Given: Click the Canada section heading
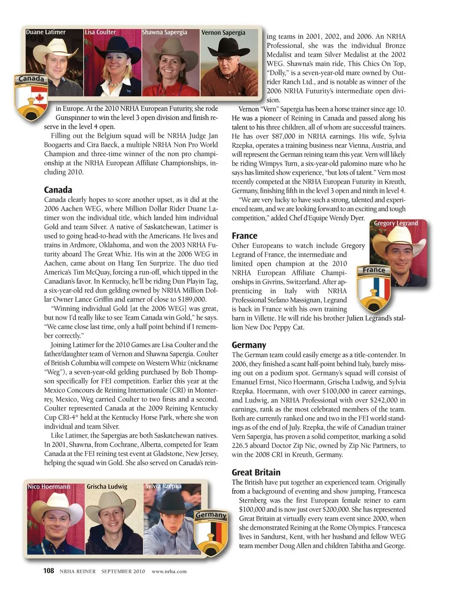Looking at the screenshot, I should pos(58,190).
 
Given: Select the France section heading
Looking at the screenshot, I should pos(245,236).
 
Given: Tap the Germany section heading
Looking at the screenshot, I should pos(249,345).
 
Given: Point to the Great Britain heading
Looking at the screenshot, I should pos(256,472).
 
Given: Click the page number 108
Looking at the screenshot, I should pos(49,570).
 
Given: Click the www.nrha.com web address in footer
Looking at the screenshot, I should pos(169,571).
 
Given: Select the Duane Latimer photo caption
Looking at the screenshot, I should pos(46,32).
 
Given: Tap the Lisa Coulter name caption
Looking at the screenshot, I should pos(100,32).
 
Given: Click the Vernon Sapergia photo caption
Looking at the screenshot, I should pos(223,33).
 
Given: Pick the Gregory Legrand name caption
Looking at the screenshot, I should pos(396,223).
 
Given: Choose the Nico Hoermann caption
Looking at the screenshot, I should pos(49,487).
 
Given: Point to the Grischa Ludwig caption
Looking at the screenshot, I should pos(107,487).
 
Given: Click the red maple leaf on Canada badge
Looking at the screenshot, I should pos(39,98).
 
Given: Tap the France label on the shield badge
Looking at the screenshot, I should pos(374,270).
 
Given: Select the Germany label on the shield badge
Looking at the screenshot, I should pos(211,515).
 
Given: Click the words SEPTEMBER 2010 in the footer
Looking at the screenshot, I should pos(123,571).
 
